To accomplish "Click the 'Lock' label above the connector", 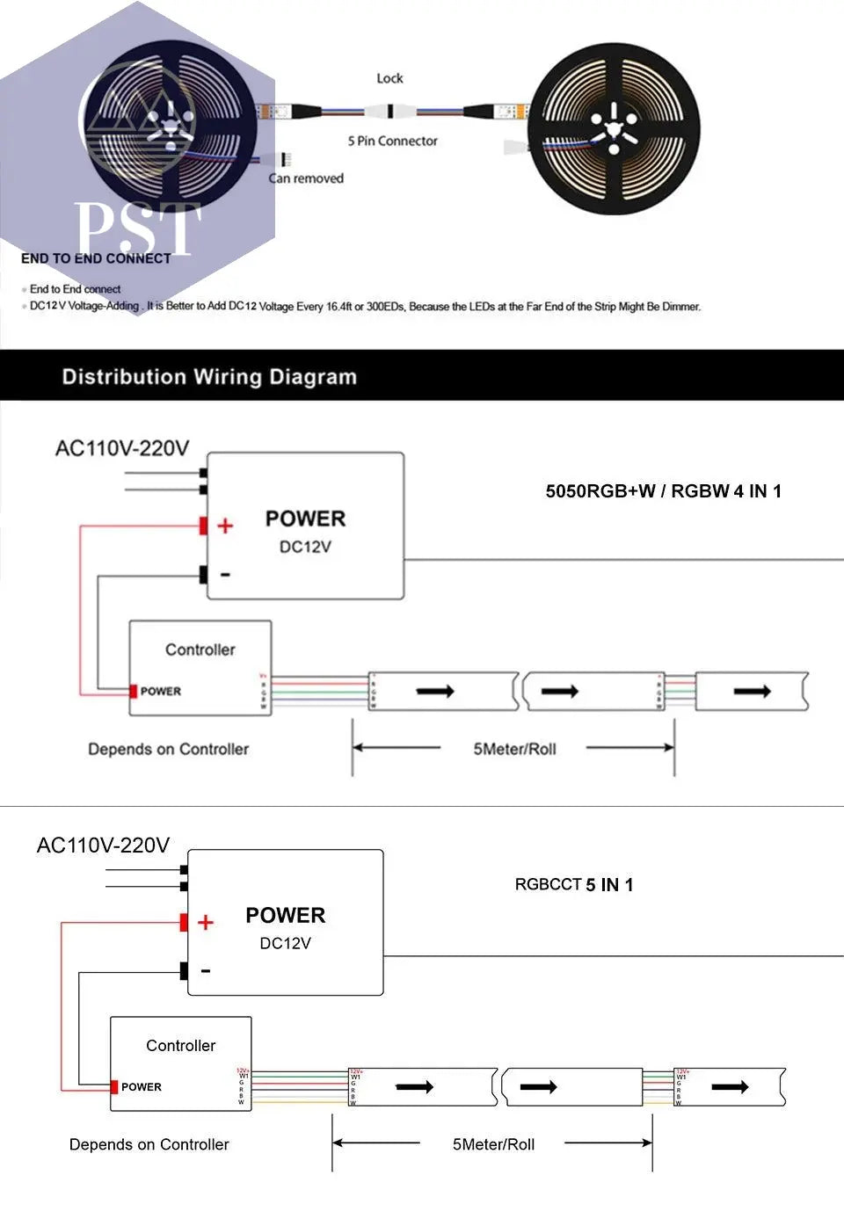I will tap(389, 78).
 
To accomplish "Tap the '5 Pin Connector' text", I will tap(392, 141).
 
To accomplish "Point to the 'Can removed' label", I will tap(306, 178).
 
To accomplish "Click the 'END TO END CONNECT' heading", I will tap(96, 258).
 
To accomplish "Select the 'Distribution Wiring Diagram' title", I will tap(209, 377).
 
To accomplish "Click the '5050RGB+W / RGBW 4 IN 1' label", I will tap(663, 491).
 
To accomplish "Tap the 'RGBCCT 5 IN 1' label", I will tap(573, 884).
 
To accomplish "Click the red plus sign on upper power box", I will tap(225, 526).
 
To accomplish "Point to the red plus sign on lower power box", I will tap(206, 922).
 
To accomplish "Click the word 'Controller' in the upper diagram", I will tap(200, 649).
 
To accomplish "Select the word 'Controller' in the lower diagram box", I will tap(180, 1045).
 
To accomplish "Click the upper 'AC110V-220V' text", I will tap(121, 448).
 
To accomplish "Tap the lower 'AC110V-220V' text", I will tap(103, 845).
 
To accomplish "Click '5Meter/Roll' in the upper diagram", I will tap(514, 749).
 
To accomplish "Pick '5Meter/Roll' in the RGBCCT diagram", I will tap(493, 1144).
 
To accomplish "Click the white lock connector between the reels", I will tap(389, 112).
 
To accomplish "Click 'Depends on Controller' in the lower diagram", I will tap(149, 1144).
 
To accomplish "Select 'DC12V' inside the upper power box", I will tap(305, 547).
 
